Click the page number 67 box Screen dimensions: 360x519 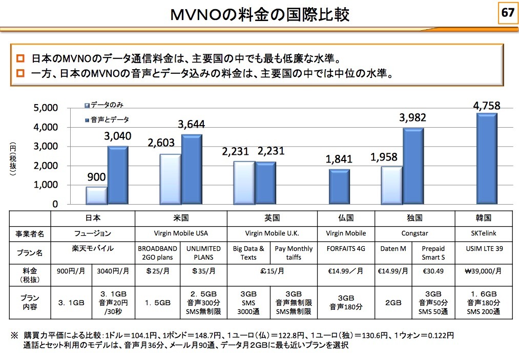(x=507, y=13)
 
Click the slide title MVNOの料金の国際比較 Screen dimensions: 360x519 (x=260, y=14)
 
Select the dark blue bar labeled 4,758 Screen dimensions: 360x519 (x=487, y=158)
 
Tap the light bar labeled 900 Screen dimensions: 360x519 (x=96, y=195)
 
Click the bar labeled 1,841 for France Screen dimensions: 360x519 (x=339, y=187)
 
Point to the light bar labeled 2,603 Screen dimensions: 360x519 (x=170, y=179)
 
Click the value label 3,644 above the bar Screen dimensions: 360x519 (x=192, y=124)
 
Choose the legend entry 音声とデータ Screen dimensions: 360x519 (x=109, y=119)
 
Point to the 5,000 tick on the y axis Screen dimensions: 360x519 (x=46, y=108)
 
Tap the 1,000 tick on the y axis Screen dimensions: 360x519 (x=46, y=185)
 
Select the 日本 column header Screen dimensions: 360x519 (x=92, y=217)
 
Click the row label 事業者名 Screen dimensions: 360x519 (x=30, y=234)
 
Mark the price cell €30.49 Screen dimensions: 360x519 (x=433, y=271)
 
